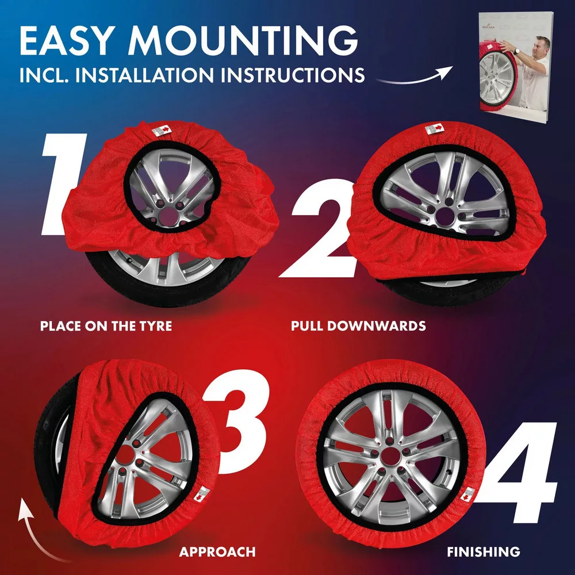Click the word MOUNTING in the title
243,40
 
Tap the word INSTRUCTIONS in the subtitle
292,75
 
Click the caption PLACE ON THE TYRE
106,326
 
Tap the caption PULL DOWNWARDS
358,326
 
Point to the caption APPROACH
217,552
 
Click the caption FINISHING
484,552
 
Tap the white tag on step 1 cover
162,130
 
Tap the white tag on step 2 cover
434,128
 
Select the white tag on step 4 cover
467,495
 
